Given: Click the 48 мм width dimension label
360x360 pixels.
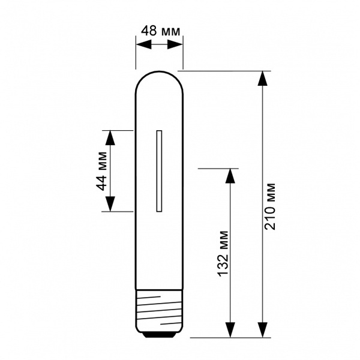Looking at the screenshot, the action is point(160,31).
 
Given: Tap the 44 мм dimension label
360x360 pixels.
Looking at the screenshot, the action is point(101,171).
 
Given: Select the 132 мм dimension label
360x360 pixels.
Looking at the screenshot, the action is point(223,254).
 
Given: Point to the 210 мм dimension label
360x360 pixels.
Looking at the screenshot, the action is point(270,206).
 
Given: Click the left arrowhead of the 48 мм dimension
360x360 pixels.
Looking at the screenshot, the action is point(144,44).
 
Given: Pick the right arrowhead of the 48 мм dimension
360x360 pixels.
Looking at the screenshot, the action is point(175,44).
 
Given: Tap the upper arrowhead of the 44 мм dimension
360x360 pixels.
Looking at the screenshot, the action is point(110,138).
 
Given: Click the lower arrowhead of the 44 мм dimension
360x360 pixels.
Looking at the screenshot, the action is point(110,204).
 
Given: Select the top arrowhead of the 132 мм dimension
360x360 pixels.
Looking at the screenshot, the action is point(230,176).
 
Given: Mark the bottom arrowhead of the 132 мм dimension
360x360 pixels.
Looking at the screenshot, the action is point(230,330).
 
